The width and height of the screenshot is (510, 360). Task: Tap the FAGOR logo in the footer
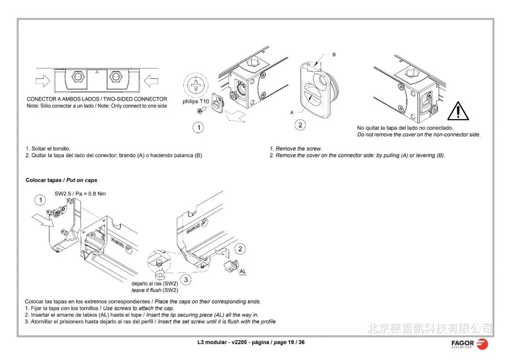tap(469, 343)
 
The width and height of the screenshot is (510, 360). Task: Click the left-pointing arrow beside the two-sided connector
tap(151, 81)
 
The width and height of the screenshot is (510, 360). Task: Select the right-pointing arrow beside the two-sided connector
tap(43, 81)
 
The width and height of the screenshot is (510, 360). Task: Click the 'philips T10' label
tap(195, 101)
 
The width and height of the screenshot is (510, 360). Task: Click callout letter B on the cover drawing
tap(334, 55)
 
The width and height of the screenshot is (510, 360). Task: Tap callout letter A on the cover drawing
tap(292, 113)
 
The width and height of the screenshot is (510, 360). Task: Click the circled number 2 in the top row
tap(300, 125)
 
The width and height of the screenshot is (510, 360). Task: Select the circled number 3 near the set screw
tap(186, 280)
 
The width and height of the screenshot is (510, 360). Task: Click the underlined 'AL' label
tap(243, 272)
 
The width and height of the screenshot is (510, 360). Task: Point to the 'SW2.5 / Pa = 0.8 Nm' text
tap(80, 194)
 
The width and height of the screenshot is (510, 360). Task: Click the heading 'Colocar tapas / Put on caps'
tap(61, 180)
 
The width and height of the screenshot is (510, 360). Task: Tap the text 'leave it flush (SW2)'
tap(154, 290)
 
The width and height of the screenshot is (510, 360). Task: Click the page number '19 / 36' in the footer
tap(296, 342)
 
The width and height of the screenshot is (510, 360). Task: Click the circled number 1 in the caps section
tap(41, 201)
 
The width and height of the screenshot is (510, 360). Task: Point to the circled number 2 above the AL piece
tap(240, 249)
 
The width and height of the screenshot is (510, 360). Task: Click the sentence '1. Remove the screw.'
tap(296, 149)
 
